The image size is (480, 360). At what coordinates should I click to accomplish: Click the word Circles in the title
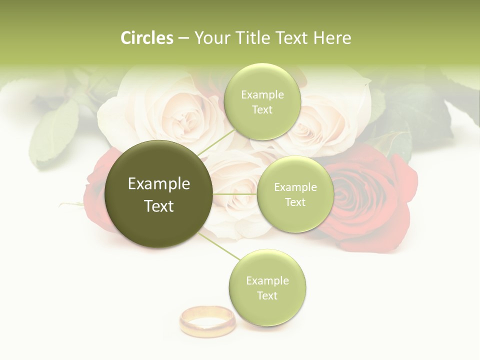(146, 38)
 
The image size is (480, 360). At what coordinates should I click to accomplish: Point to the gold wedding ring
(207, 321)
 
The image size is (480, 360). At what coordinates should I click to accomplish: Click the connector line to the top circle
(216, 142)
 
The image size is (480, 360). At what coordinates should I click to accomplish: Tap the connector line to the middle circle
(235, 194)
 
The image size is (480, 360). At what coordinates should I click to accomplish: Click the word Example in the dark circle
(159, 183)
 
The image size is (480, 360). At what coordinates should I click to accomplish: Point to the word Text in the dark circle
(159, 205)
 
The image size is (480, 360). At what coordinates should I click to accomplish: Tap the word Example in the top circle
(262, 94)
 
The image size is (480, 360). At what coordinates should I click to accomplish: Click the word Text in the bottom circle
(267, 295)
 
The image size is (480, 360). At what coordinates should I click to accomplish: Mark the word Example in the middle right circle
(295, 187)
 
